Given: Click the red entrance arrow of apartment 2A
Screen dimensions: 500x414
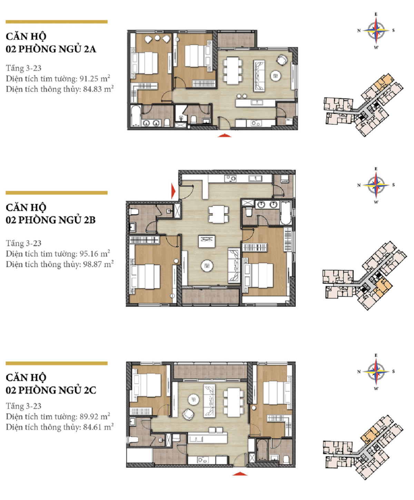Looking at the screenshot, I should pyautogui.click(x=224, y=135).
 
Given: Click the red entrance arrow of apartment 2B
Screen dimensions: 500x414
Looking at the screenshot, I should pyautogui.click(x=174, y=191).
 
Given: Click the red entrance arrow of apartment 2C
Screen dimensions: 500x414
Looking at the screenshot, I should pyautogui.click(x=240, y=473).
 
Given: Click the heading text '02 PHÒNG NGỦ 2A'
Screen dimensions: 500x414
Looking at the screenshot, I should pyautogui.click(x=51, y=49).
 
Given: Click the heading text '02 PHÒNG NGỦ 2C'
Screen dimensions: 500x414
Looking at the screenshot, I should pyautogui.click(x=51, y=390).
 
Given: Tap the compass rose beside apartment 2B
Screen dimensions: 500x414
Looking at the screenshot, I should pyautogui.click(x=376, y=185).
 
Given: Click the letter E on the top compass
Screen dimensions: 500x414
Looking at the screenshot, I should pyautogui.click(x=376, y=14).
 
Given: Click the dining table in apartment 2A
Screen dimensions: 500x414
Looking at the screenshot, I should pyautogui.click(x=233, y=70).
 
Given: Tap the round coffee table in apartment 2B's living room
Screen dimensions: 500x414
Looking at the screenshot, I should pyautogui.click(x=207, y=266).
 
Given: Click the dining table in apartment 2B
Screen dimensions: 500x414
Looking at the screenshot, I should pyautogui.click(x=218, y=214).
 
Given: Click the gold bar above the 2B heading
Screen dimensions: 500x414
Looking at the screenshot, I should pyautogui.click(x=57, y=193).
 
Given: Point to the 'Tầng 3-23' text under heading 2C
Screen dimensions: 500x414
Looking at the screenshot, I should pyautogui.click(x=23, y=406).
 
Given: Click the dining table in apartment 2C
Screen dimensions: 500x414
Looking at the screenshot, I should pyautogui.click(x=234, y=402).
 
